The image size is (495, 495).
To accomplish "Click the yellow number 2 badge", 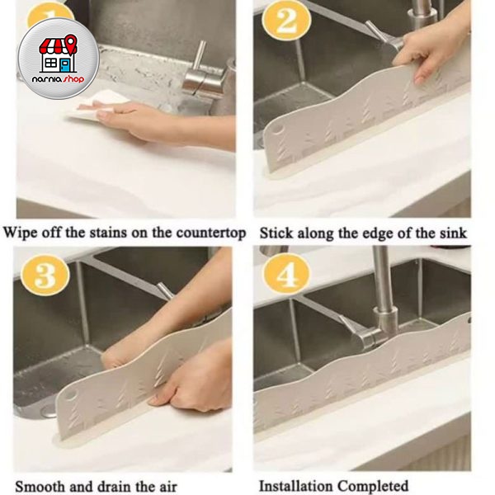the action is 286,20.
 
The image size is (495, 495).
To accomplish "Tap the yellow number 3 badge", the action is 45,275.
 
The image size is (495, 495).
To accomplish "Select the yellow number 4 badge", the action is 286,274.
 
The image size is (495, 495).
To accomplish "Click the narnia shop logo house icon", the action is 59,54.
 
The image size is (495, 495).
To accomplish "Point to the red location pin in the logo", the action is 71,44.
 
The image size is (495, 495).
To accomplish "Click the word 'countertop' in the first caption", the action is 211,233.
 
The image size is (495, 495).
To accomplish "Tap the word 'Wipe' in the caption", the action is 21,233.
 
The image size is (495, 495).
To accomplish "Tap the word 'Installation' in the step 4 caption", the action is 295,486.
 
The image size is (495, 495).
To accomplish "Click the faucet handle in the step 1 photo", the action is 199,56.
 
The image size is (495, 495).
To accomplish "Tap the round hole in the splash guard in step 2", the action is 279,130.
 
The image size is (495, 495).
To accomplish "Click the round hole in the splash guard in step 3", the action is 72,395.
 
